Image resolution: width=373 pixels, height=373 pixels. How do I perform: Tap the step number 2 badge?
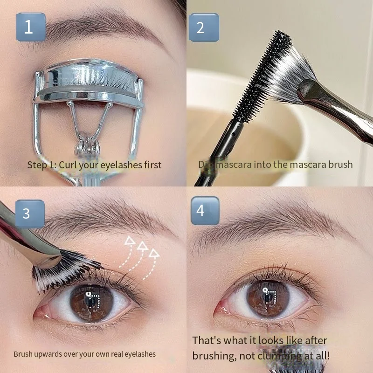201,27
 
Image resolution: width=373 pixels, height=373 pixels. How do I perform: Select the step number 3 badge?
27,213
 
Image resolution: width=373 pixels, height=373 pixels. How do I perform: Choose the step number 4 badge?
201,210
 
